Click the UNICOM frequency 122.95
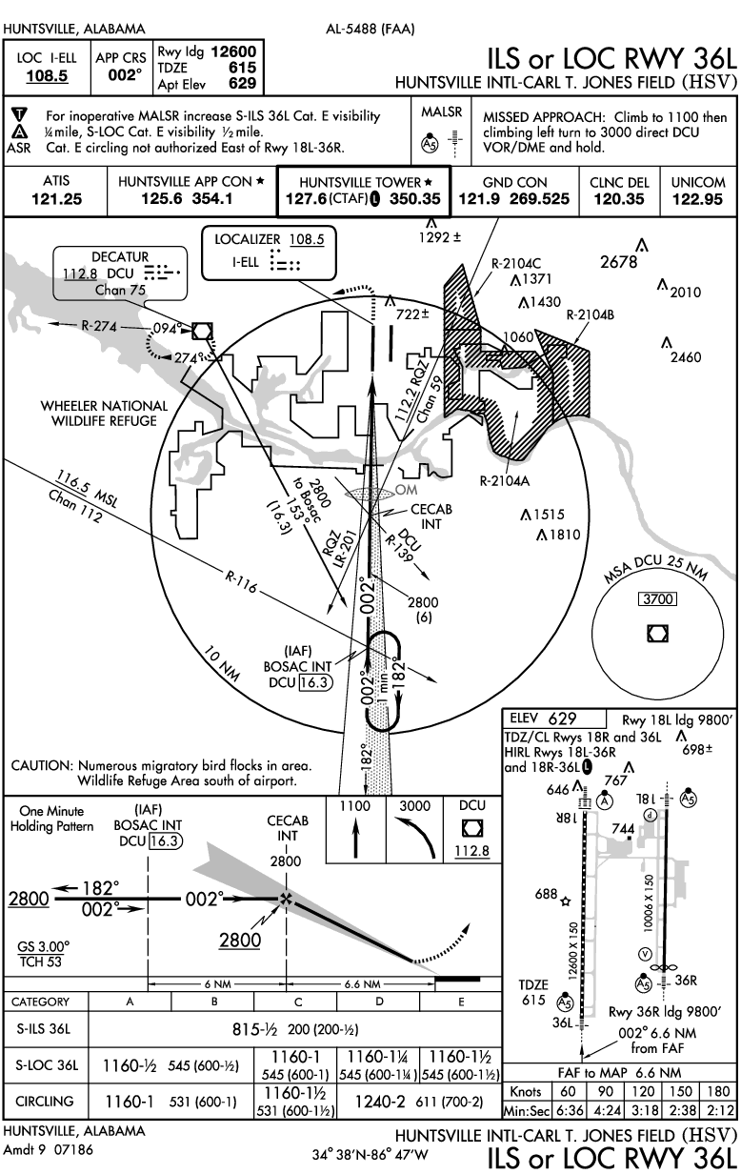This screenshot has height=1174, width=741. (697, 199)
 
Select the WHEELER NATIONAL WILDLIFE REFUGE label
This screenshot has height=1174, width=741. (104, 413)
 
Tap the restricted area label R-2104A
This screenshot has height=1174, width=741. (504, 481)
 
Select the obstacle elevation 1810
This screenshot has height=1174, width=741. (563, 535)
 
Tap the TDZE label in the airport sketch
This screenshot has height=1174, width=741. (534, 984)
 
